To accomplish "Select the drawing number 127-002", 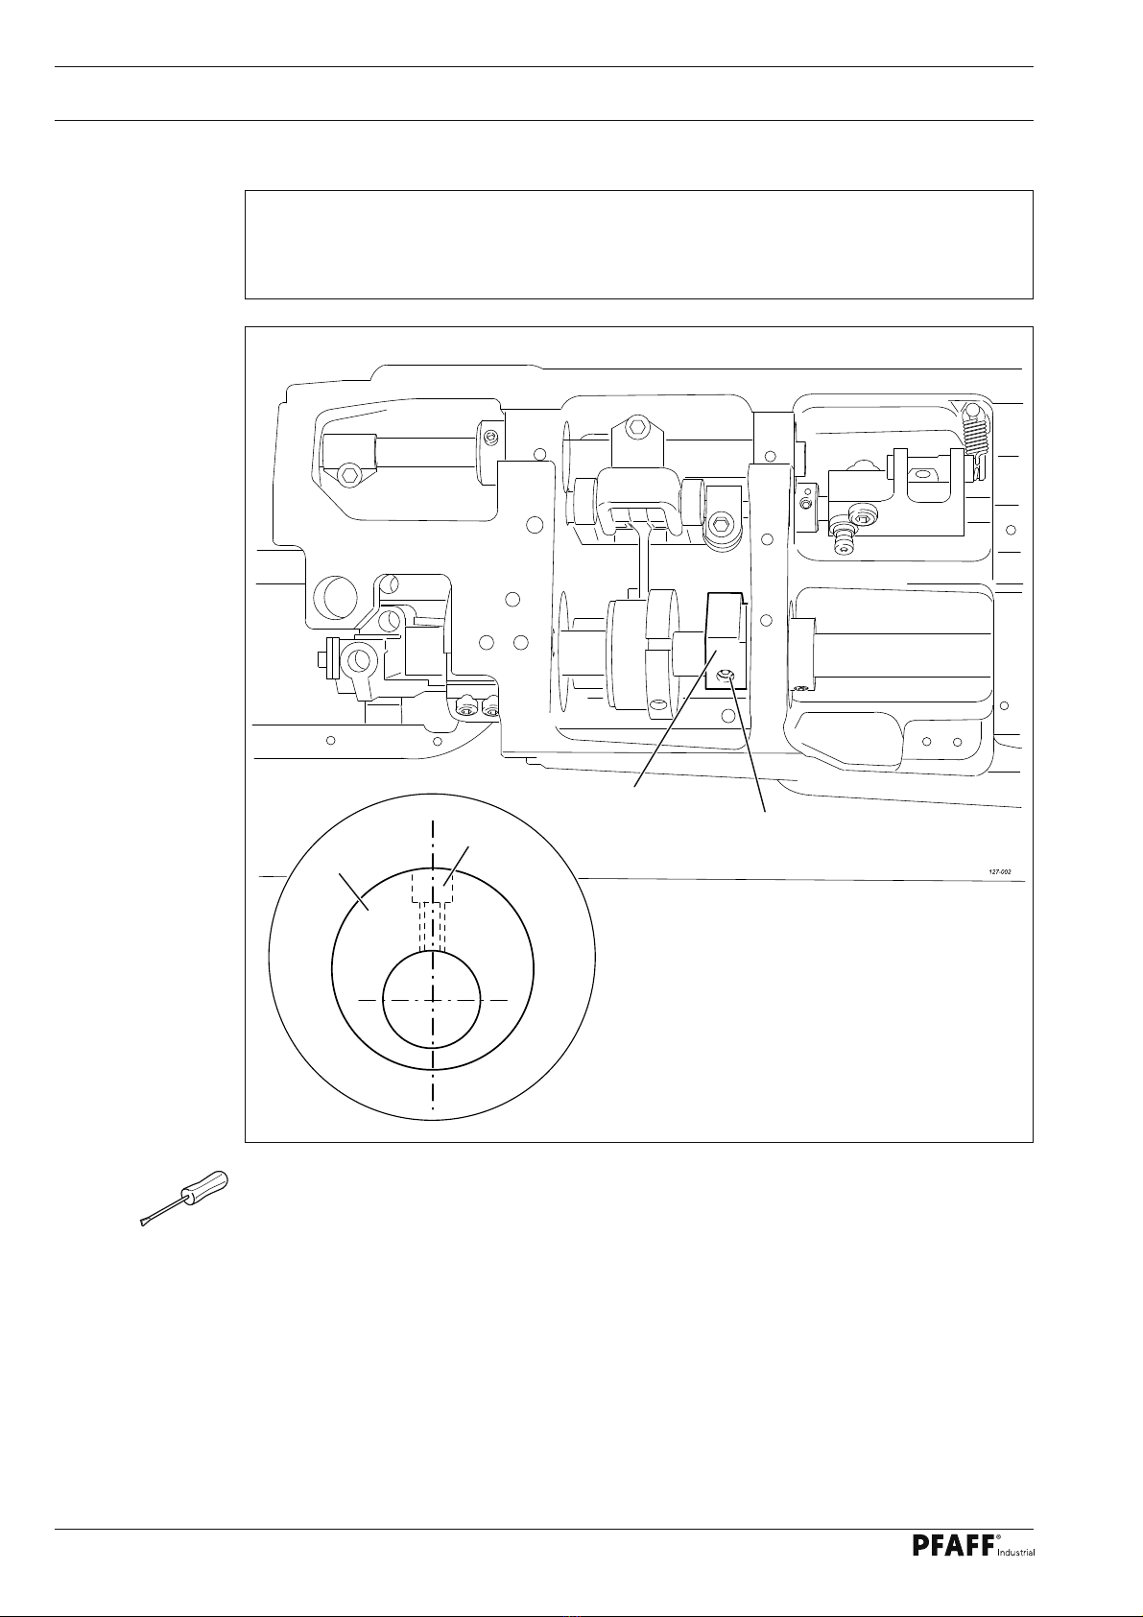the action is click(x=1000, y=872).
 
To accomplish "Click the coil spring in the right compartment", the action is click(x=975, y=440).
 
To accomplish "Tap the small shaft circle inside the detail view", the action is click(x=432, y=999).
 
